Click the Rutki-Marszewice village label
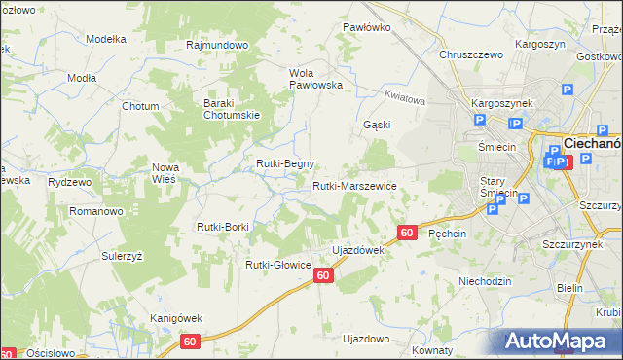[x=354, y=185]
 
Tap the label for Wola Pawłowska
[x=315, y=78]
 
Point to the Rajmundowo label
[x=218, y=45]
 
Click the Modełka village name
[x=107, y=39]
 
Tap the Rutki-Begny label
[x=284, y=163]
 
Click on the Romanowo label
[x=94, y=210]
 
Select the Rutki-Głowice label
[x=277, y=264]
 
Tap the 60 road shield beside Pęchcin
[x=407, y=233]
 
